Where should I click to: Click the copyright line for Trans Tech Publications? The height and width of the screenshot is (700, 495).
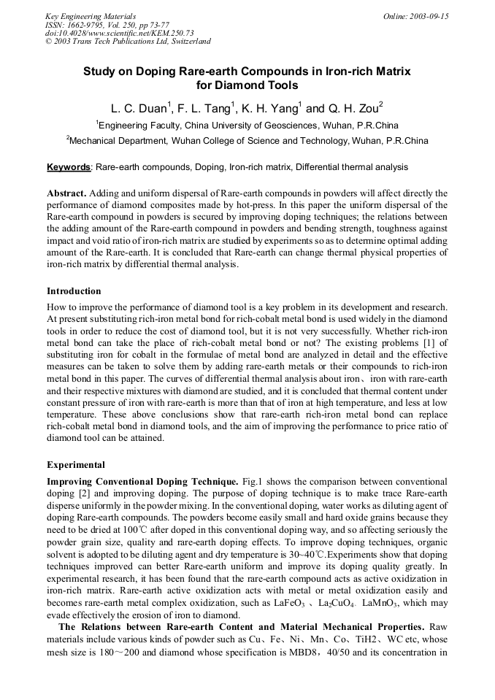pos(128,42)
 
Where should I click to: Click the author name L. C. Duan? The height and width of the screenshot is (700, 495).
pos(139,109)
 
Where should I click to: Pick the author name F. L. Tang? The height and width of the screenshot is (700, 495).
pos(205,109)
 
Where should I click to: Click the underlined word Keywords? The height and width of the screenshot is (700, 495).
pos(69,167)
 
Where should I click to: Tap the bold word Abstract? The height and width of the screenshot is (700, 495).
pos(66,193)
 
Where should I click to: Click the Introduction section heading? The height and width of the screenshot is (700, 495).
pos(74,291)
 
